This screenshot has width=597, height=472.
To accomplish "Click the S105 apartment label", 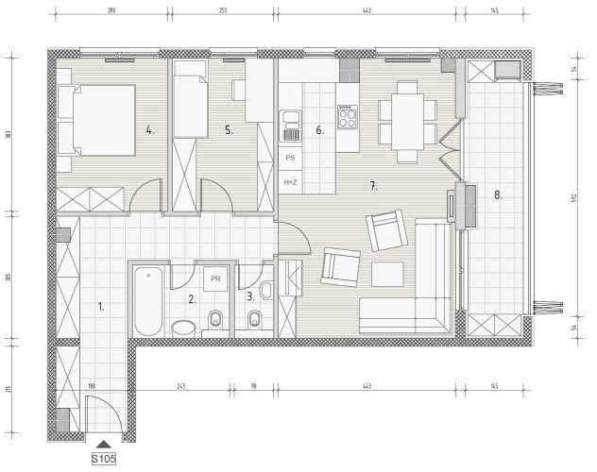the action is click(x=104, y=459).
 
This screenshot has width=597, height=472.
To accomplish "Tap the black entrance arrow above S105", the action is click(x=104, y=445).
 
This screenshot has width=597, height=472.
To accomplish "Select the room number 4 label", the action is click(x=150, y=130).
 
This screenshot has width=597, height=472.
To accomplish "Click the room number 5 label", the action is click(x=229, y=130).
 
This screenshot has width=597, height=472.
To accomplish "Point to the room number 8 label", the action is click(x=498, y=195).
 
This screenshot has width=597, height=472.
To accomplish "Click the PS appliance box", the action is click(x=291, y=158).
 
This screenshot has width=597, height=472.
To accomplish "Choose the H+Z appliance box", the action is click(x=291, y=182).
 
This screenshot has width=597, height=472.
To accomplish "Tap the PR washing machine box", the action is click(x=215, y=278).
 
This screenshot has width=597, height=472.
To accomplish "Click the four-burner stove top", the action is click(x=348, y=117).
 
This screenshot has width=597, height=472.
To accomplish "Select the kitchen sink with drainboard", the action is click(x=291, y=126).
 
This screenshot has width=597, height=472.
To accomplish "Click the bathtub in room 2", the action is click(x=148, y=301).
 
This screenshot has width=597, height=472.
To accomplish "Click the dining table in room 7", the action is click(x=407, y=122).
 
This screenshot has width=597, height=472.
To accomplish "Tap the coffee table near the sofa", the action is click(x=387, y=274).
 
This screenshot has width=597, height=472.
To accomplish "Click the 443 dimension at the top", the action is click(x=367, y=10).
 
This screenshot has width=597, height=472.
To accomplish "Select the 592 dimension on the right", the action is click(x=574, y=198).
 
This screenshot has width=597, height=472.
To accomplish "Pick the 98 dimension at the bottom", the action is click(x=254, y=386).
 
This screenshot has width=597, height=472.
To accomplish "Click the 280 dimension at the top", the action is click(x=111, y=10).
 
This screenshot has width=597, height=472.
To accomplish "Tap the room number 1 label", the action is click(x=101, y=307).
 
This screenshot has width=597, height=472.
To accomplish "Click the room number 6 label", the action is click(x=319, y=130).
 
